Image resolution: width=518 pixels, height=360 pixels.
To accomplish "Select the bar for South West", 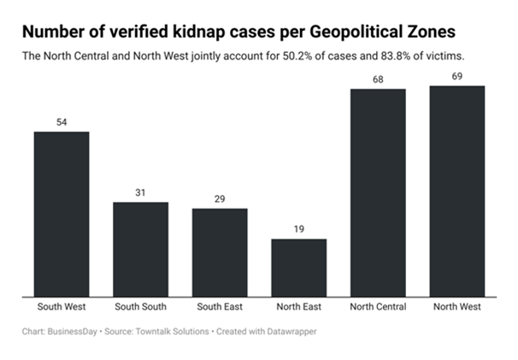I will (x=62, y=214).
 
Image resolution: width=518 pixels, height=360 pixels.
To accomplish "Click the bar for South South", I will (x=141, y=249).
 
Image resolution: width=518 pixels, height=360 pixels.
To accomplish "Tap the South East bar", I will (x=220, y=252).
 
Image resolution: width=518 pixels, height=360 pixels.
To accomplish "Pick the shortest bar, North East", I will (x=299, y=267).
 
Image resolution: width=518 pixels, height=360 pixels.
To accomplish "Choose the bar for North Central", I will (x=378, y=192).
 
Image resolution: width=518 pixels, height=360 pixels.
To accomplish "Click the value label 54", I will (x=62, y=122).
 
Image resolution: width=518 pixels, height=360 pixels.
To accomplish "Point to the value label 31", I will (x=141, y=192).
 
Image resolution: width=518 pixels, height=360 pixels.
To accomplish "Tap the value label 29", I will (x=220, y=199).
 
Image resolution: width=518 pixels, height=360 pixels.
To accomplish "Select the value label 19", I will (x=299, y=229).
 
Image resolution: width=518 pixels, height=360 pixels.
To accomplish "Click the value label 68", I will (x=378, y=79).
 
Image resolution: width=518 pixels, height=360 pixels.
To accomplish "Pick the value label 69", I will (x=457, y=76).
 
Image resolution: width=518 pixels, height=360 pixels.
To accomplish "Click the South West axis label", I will (x=62, y=307).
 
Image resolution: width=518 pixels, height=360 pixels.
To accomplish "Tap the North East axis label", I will (x=299, y=307).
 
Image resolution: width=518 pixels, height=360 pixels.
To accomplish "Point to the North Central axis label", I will (x=378, y=307).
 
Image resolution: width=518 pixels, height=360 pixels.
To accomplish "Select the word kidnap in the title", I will (x=191, y=32).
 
